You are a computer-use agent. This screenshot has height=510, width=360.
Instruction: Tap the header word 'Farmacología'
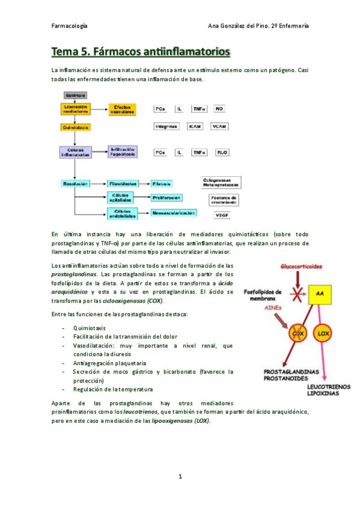(x=70, y=26)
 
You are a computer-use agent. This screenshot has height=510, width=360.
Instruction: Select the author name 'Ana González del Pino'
(x=237, y=26)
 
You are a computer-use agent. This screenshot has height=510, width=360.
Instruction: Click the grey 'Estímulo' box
(x=75, y=95)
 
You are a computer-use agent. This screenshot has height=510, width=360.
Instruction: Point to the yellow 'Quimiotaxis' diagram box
(x=76, y=127)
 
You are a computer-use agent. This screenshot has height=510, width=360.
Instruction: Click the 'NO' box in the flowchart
(x=219, y=109)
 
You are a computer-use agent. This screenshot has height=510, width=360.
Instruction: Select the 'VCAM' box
(x=220, y=127)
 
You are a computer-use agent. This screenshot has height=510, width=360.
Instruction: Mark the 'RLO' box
(x=221, y=153)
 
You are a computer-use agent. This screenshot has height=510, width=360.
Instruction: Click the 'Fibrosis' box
(x=162, y=183)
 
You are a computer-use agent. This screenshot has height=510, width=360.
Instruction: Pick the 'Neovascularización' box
(x=174, y=212)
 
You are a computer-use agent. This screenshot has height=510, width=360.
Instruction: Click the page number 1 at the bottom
(x=180, y=476)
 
